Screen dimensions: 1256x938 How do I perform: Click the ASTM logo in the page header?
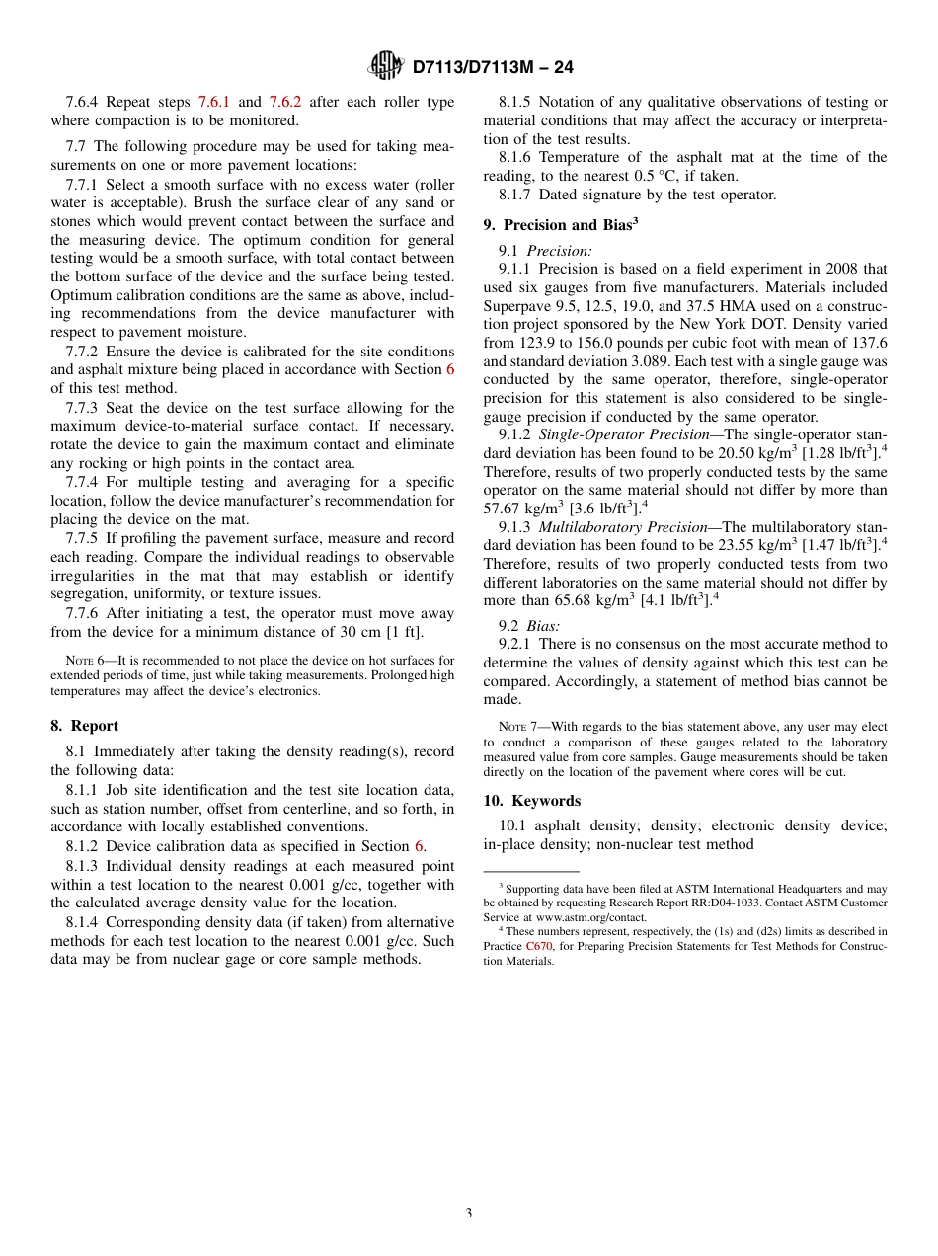(385, 66)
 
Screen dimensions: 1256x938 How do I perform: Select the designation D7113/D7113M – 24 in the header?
(492, 67)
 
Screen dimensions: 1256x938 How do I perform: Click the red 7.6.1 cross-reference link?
(214, 102)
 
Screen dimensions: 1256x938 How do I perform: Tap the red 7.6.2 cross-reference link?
(285, 102)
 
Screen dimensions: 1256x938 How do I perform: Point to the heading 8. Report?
(84, 726)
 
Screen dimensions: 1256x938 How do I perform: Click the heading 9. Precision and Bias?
(560, 225)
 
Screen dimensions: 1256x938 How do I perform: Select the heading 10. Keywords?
(531, 801)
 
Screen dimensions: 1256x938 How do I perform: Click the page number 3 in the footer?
(469, 1214)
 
